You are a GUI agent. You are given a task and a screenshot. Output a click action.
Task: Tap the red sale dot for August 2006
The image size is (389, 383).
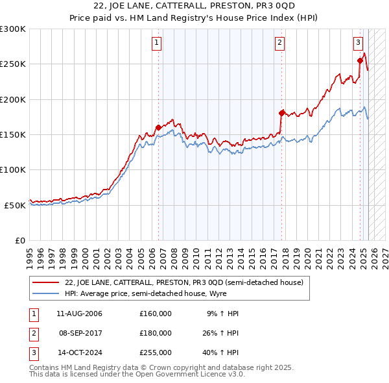[x=158, y=128]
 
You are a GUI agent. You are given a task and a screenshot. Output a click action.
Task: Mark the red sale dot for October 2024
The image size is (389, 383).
[x=360, y=61]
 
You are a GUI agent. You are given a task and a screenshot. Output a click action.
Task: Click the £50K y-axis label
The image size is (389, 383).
[x=15, y=205]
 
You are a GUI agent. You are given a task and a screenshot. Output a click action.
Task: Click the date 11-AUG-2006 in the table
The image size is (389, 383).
[x=79, y=314]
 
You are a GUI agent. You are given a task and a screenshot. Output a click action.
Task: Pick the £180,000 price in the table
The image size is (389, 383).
[x=156, y=333]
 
